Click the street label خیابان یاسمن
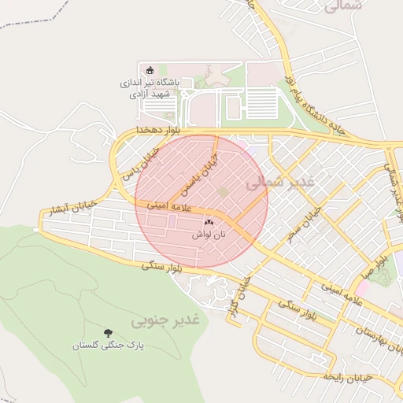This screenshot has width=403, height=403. (197, 176)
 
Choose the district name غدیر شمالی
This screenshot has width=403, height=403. (280, 183)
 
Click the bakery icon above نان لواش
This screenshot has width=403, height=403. (209, 224)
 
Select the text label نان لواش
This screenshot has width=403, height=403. (209, 235)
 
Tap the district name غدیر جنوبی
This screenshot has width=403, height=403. (166, 320)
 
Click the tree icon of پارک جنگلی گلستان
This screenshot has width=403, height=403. (108, 334)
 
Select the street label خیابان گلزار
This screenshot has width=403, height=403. (235, 295)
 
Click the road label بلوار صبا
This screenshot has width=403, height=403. (381, 268)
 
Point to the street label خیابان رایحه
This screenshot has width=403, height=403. (351, 377)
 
